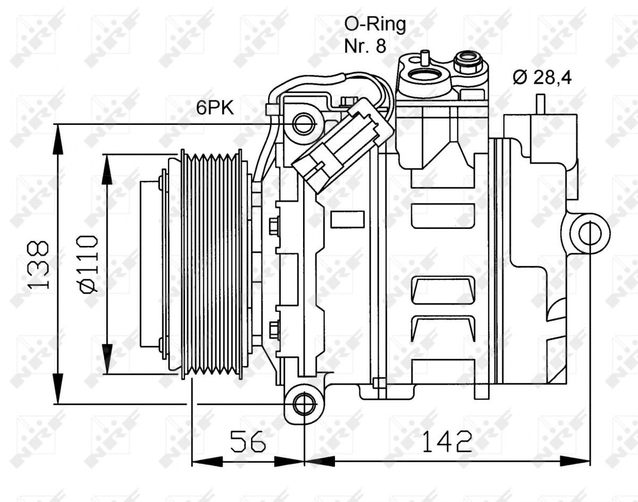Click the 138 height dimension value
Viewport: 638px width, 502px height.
[38, 265]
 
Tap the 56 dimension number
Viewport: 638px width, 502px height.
[248, 441]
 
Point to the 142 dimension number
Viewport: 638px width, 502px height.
[447, 441]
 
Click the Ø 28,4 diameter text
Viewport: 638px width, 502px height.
[542, 78]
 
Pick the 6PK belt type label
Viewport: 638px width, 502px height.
[215, 108]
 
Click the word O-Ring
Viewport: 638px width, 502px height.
[375, 25]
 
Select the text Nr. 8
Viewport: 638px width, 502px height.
[365, 46]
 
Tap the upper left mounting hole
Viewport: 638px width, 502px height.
[304, 124]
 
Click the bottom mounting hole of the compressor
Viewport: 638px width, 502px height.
[304, 404]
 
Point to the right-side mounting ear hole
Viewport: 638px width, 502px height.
[590, 233]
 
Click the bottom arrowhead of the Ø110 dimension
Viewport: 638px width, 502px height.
[107, 359]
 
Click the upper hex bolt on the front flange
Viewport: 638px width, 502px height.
[274, 226]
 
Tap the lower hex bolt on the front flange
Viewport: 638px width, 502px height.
[274, 331]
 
